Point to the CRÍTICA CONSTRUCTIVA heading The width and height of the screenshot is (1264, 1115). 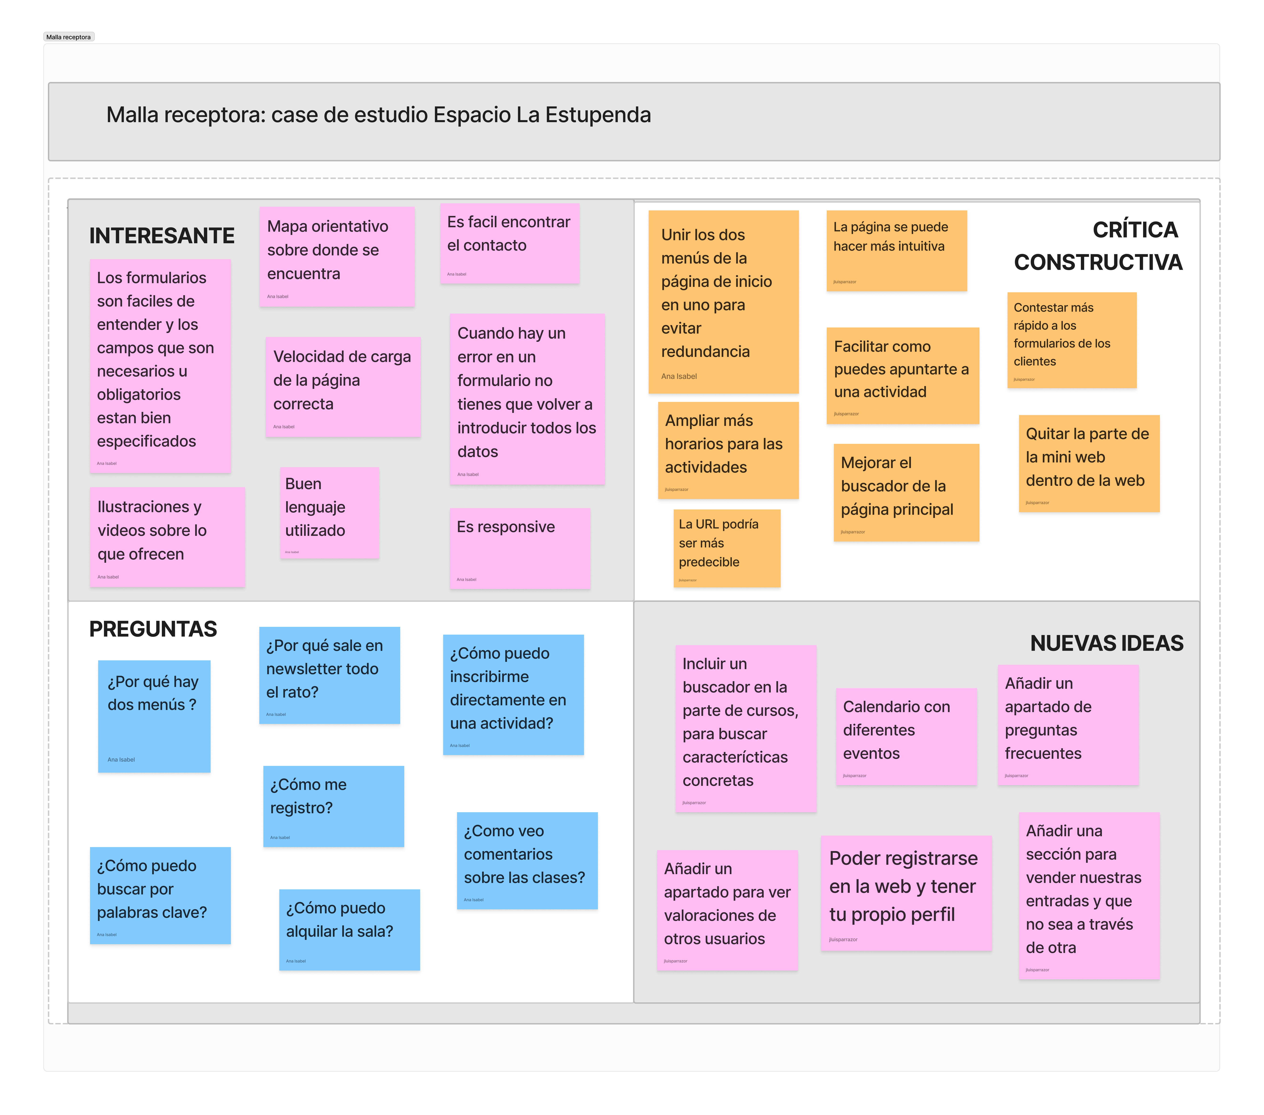coord(1098,246)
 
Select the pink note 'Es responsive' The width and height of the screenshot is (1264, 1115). coord(520,548)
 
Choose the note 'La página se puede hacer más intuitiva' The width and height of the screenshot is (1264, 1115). coord(896,250)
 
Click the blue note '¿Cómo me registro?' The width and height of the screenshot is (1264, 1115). coord(333,805)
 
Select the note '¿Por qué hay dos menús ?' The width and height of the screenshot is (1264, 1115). coord(154,716)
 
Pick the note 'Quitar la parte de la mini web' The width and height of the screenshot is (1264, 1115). coord(1088,463)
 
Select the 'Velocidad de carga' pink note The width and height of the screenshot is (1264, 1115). coord(343,386)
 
